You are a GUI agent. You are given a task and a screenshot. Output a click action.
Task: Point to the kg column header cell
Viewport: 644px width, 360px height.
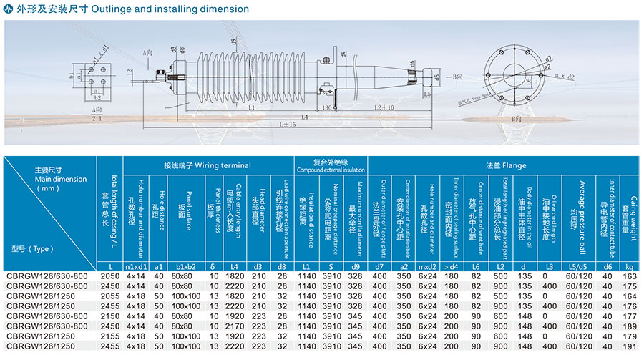pos(629,266)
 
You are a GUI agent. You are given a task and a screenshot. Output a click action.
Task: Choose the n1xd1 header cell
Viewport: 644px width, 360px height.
pos(136,266)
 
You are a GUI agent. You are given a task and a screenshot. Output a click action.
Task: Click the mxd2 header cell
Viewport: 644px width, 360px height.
pos(427,266)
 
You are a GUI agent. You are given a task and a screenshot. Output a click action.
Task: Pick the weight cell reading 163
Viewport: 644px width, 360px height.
pos(630,275)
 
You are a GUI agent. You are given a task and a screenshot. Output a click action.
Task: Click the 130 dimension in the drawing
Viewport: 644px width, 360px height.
pos(327,107)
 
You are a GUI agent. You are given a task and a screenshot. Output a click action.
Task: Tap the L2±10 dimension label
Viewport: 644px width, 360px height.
pos(384,107)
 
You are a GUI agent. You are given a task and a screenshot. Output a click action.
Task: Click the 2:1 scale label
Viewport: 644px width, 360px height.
pos(96,118)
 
